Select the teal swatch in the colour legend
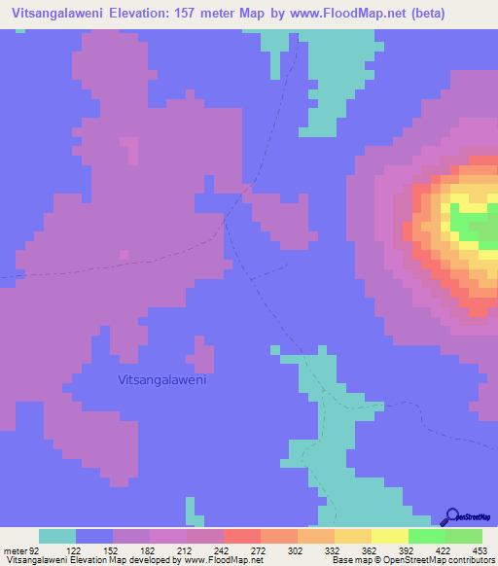[x=57, y=536]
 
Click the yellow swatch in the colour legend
[x=390, y=536]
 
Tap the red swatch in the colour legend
[x=242, y=536]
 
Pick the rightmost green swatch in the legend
[x=464, y=536]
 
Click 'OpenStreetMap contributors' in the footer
[x=443, y=560]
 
